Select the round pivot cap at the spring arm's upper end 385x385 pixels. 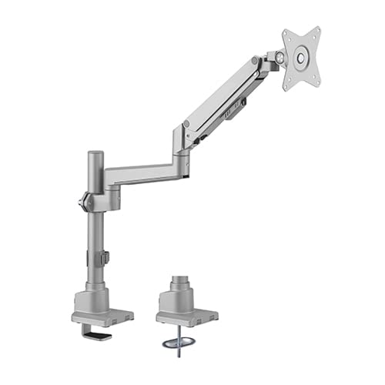[x=254, y=62]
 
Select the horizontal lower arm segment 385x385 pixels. [x=142, y=174]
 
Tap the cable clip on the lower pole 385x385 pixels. [x=106, y=259]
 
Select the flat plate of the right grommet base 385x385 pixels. [x=186, y=316]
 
